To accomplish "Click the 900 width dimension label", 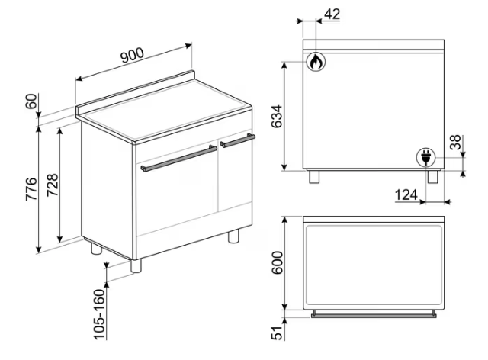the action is (132, 55).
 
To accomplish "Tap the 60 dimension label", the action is (31, 101).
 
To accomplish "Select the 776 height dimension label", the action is (31, 189).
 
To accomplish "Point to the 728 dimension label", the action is (53, 185).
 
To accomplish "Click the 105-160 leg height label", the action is (100, 314).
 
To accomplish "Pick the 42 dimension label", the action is (332, 14).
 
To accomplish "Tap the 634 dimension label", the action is (277, 117).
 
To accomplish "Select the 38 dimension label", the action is (455, 143).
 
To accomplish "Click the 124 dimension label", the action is (406, 195).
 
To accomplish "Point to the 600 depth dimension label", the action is (278, 262).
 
